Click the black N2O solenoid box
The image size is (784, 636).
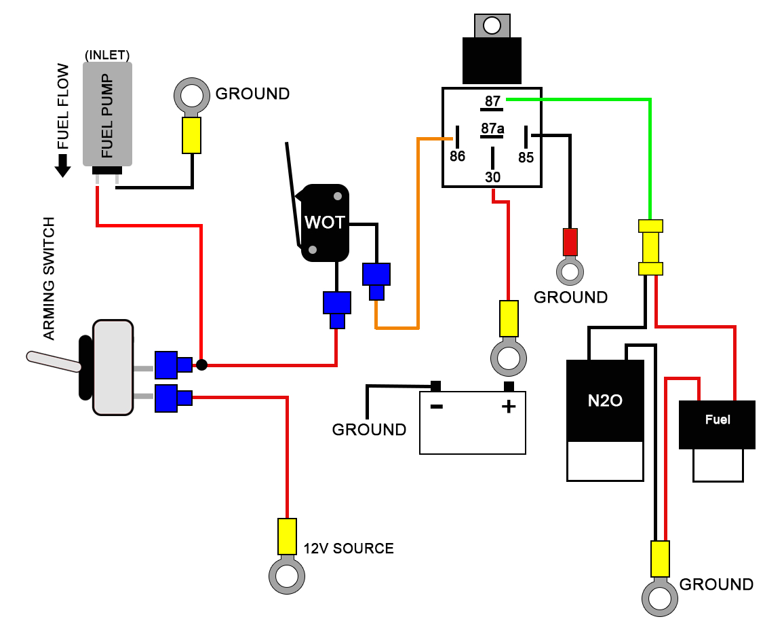point(605,400)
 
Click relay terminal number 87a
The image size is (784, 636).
point(492,129)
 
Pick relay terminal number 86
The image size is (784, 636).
point(458,156)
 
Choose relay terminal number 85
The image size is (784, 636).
point(526,157)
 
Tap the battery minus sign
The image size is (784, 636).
point(436,407)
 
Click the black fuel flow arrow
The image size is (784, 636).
point(62,166)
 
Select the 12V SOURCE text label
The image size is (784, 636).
point(348,548)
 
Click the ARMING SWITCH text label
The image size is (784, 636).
point(48,279)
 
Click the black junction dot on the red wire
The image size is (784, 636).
point(201,365)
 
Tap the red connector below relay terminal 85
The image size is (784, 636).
point(570,241)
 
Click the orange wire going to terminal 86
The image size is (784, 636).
point(418,231)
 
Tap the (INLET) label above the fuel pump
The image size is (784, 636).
point(107,54)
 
